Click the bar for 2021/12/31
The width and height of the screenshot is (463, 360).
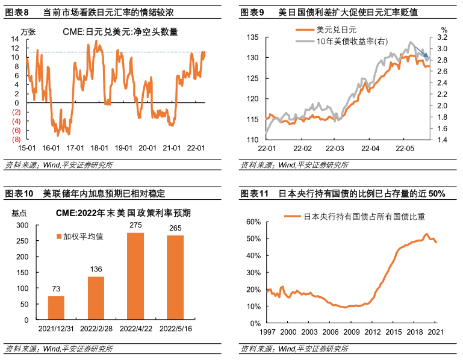pyautogui.click(x=56, y=307)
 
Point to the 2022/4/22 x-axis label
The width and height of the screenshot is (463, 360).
pyautogui.click(x=135, y=329)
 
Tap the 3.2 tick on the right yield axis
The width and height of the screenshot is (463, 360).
pyautogui.click(x=443, y=37)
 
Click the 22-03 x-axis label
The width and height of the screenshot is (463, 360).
pyautogui.click(x=335, y=148)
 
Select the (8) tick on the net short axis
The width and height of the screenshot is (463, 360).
pyautogui.click(x=17, y=139)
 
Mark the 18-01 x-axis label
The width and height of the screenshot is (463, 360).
pyautogui.click(x=99, y=148)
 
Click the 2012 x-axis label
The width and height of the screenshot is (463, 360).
pyautogui.click(x=372, y=332)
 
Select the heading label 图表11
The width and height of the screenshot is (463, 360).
pyautogui.click(x=253, y=194)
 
